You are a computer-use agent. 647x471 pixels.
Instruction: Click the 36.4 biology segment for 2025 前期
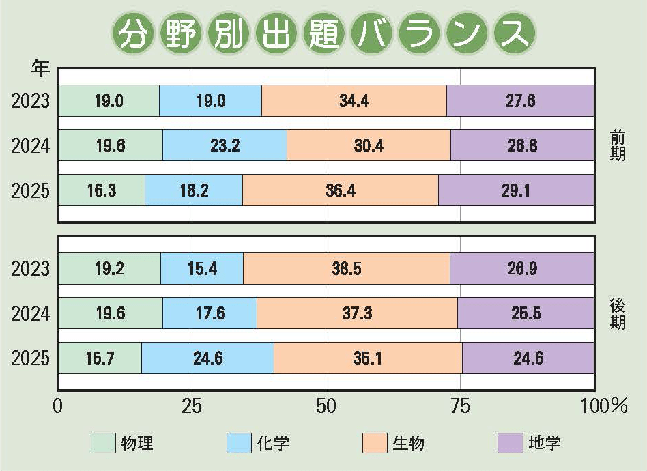coord(340,190)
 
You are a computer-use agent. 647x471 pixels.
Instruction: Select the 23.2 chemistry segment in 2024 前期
coord(225,145)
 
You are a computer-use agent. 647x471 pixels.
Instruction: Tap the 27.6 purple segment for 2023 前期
coord(520,101)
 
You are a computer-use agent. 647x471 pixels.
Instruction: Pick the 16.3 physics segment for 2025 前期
coord(101,190)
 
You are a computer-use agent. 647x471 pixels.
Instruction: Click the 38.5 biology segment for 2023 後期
coord(346,268)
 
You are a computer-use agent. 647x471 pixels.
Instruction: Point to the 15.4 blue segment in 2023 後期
coord(201,268)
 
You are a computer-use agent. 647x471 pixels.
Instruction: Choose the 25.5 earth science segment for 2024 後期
coord(526,313)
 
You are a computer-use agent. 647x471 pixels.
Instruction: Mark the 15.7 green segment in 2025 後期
coord(100,358)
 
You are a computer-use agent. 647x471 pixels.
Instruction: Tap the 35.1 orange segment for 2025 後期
coord(368,358)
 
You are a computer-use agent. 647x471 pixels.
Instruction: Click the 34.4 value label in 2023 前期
coord(354,101)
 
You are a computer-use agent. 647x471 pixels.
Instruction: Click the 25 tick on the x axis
coord(191,405)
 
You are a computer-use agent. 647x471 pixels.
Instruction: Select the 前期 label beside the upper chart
coord(618,146)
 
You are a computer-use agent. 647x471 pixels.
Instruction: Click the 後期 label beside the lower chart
coord(618,313)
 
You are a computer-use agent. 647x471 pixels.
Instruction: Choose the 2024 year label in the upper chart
coord(31,146)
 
